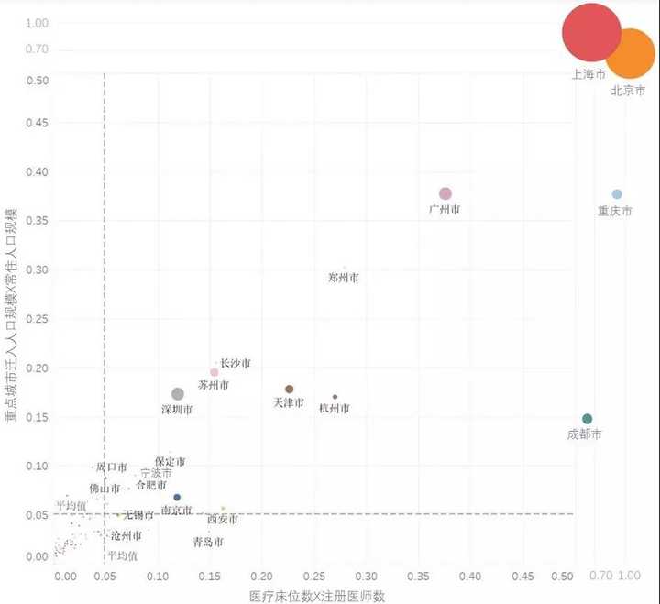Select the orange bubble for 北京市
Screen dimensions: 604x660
(x=631, y=53)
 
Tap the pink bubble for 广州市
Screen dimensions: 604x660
(x=445, y=193)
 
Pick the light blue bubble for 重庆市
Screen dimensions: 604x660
(x=617, y=194)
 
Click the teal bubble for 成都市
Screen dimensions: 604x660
(x=588, y=419)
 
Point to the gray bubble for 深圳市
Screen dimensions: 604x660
(x=178, y=394)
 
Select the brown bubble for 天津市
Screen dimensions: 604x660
(x=290, y=390)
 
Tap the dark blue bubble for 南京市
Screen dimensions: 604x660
(x=177, y=498)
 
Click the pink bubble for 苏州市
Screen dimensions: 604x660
(x=214, y=372)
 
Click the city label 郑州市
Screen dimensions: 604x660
(x=344, y=277)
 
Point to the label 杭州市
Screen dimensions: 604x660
(x=335, y=408)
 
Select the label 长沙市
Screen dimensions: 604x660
(x=236, y=364)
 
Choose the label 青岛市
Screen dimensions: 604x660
(x=208, y=542)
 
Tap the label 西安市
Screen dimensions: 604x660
(x=223, y=520)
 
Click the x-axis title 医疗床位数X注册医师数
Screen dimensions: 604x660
(x=317, y=596)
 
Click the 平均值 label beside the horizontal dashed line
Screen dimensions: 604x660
(x=71, y=505)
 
